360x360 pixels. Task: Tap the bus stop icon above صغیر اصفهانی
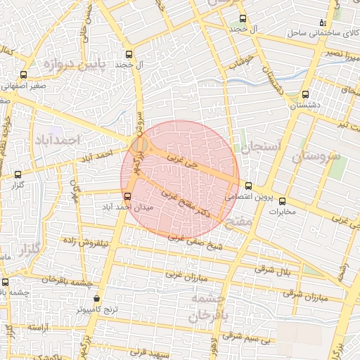25,74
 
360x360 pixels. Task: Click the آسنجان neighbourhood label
260,148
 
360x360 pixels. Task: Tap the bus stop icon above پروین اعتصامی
248,186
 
